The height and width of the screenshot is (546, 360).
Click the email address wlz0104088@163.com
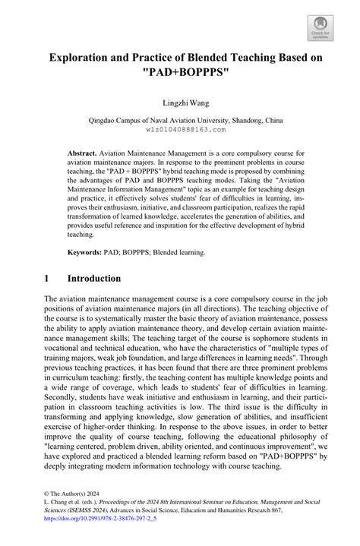180,130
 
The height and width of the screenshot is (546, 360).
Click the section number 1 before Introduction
47,279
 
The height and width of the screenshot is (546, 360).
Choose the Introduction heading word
115,279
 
